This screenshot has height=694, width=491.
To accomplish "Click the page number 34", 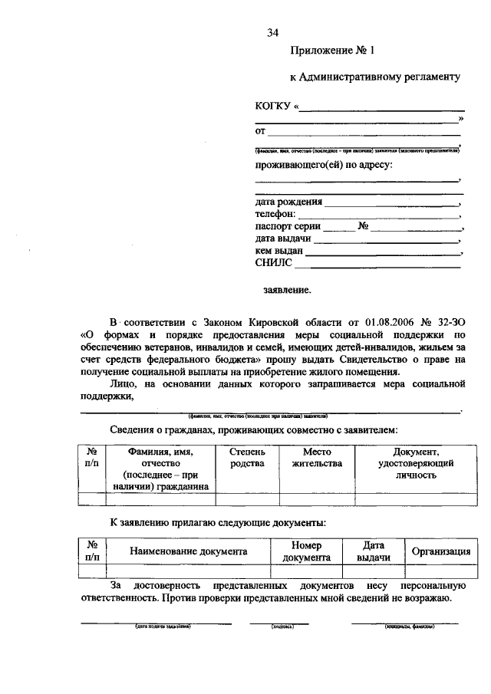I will [272, 32].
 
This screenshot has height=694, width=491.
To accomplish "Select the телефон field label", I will [275, 215].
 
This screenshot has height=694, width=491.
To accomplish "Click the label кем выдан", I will [279, 251].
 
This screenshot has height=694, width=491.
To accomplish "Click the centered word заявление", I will [288, 291].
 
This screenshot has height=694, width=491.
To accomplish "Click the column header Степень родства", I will [248, 458].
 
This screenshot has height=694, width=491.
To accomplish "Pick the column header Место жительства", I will [317, 458].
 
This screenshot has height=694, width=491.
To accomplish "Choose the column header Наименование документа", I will [188, 551].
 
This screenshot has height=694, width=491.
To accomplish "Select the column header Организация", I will [441, 551].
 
